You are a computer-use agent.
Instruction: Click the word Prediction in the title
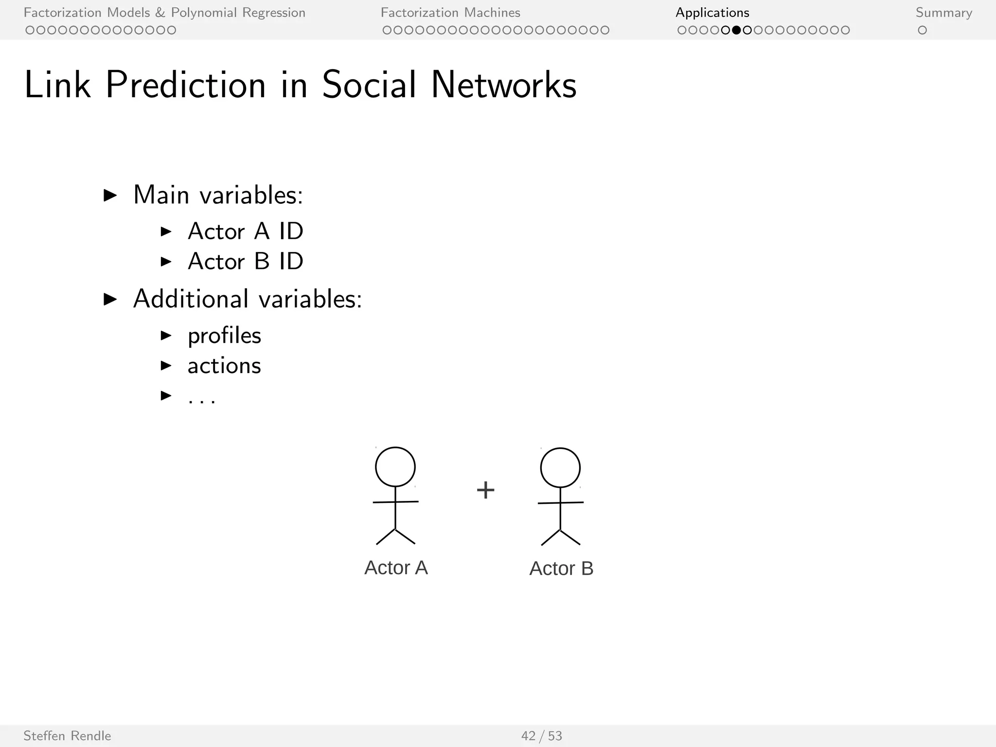[x=186, y=85]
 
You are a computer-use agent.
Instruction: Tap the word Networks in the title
[x=503, y=85]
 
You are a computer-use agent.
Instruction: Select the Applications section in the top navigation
[x=712, y=13]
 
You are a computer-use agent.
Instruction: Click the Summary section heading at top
[x=943, y=13]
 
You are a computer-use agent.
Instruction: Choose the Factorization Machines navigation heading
[x=450, y=13]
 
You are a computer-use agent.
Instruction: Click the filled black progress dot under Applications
[x=736, y=30]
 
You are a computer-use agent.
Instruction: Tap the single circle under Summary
[x=922, y=30]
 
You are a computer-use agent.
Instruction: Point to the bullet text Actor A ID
[x=245, y=231]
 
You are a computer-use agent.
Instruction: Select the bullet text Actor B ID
[x=245, y=262]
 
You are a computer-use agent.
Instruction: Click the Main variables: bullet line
[x=218, y=195]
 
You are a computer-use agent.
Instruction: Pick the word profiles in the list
[x=224, y=336]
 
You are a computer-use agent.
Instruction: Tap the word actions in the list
[x=224, y=366]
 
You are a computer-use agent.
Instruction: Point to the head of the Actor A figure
[x=395, y=467]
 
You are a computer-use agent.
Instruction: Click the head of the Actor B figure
[x=560, y=468]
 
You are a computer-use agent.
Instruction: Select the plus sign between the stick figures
[x=485, y=490]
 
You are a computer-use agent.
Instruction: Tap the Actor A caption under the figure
[x=396, y=568]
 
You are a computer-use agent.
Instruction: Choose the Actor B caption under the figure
[x=561, y=569]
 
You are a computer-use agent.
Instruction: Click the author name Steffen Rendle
[x=67, y=736]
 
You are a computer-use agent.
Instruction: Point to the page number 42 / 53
[x=541, y=736]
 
